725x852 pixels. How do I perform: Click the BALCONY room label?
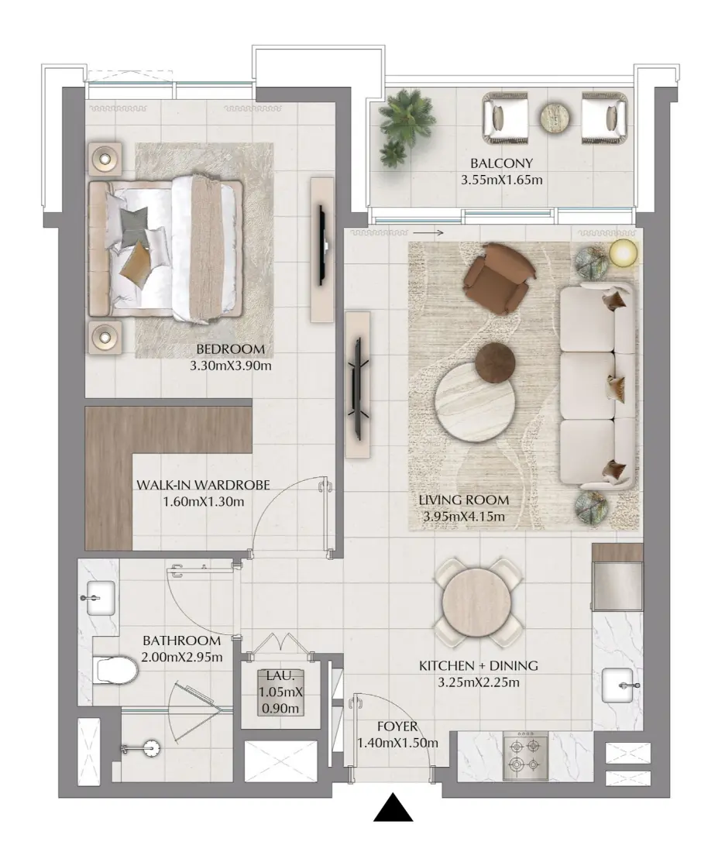[x=501, y=163]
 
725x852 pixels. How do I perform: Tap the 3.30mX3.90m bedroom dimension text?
[x=230, y=366]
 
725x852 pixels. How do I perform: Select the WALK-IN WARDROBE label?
[x=203, y=485]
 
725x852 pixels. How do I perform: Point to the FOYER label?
[x=397, y=727]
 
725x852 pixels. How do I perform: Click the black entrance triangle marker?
[x=393, y=807]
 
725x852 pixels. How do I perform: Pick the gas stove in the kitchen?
[x=525, y=754]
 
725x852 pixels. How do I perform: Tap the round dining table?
[x=476, y=602]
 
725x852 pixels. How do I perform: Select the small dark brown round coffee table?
[x=495, y=363]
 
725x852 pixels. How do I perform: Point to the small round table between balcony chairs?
[x=555, y=117]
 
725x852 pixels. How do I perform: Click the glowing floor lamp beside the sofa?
[x=623, y=253]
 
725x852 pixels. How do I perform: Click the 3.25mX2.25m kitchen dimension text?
[x=478, y=682]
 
